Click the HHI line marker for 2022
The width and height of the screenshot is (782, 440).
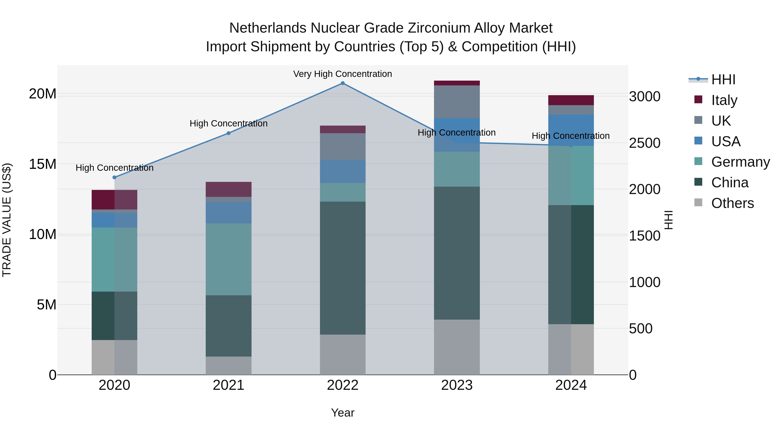coord(343,83)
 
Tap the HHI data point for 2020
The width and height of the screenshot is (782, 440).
coord(114,177)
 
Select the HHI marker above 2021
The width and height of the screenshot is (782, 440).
coord(229,133)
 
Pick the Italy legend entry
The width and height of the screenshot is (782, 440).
coord(724,100)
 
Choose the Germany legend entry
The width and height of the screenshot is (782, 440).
coord(741,162)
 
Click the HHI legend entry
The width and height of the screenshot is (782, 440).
coord(723,80)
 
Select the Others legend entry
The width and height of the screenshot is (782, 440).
coord(732,203)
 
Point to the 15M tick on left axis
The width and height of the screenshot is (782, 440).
coord(43,164)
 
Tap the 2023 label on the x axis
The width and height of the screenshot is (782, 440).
coord(457,385)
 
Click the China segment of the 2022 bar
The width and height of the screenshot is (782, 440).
coord(343,268)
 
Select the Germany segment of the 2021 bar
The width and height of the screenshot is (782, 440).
coord(229,259)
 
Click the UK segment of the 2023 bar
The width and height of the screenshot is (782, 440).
coord(457,102)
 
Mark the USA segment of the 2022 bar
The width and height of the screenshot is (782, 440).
coord(343,171)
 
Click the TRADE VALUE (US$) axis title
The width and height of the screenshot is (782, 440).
coord(7,220)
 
